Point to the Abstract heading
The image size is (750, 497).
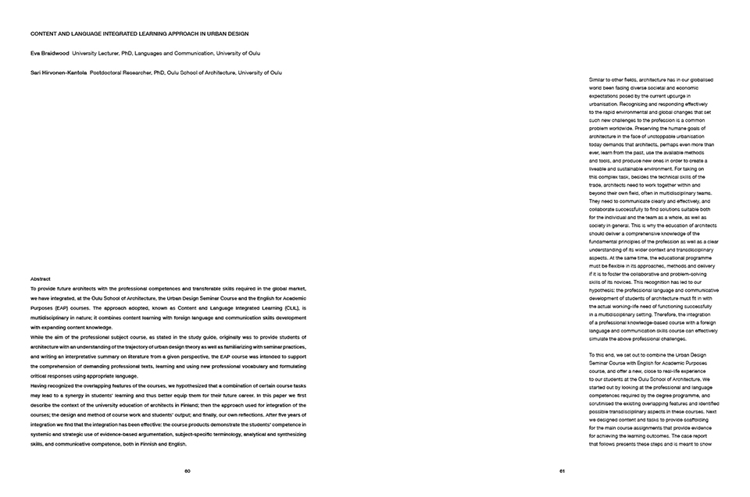41,279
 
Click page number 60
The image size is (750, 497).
187,471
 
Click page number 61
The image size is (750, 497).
562,471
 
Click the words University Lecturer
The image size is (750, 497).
98,53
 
